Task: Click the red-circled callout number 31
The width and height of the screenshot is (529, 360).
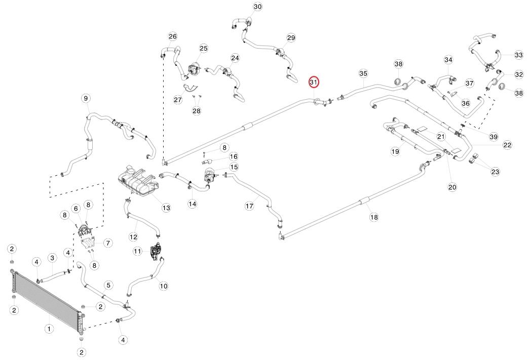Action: [x=313, y=82]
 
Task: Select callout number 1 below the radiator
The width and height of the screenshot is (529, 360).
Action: [x=49, y=329]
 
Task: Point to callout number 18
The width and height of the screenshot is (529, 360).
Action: [x=374, y=217]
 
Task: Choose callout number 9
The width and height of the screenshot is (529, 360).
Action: [x=85, y=98]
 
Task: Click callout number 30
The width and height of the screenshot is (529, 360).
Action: [x=257, y=7]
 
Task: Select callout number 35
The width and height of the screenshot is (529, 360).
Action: [x=363, y=73]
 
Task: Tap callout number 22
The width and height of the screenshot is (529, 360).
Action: [x=507, y=145]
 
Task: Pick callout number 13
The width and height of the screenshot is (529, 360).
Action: [x=166, y=208]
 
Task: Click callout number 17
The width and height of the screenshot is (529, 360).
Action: [x=249, y=206]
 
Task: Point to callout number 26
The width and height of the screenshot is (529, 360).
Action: [x=173, y=36]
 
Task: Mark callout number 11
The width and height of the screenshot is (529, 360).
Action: [x=138, y=251]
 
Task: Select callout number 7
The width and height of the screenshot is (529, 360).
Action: [x=108, y=243]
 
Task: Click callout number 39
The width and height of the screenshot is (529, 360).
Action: [x=494, y=137]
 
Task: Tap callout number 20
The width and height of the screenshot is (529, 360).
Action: [x=452, y=187]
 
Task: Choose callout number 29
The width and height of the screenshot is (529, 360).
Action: [x=291, y=38]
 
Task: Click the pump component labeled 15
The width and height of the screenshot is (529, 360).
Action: [x=209, y=176]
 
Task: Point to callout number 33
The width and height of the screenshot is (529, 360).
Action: [x=518, y=55]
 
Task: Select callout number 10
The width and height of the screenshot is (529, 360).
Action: [x=163, y=286]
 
